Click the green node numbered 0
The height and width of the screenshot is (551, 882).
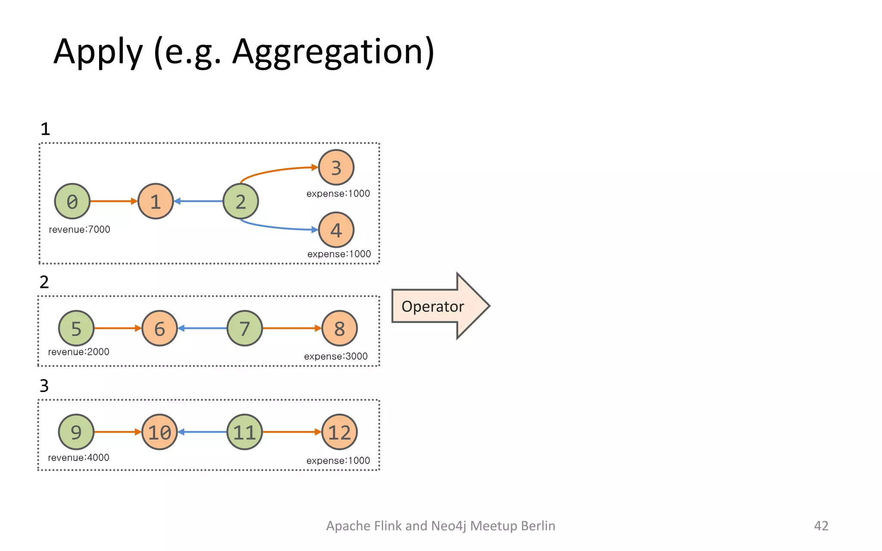72,201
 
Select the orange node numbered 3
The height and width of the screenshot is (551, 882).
336,167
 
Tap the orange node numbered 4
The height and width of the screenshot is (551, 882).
336,230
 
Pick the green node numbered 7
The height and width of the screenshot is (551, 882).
245,328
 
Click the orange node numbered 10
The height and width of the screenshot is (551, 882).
159,432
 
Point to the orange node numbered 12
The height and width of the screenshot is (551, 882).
339,432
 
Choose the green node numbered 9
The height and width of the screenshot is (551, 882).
76,432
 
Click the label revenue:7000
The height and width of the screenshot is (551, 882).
80,229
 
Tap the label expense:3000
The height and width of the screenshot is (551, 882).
336,356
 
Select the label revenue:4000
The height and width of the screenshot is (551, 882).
79,458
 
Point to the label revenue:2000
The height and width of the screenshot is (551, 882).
79,352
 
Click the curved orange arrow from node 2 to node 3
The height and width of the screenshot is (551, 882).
276,171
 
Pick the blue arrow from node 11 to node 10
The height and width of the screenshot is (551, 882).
202,432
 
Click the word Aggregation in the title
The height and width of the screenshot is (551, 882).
333,52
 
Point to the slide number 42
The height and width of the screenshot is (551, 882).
821,526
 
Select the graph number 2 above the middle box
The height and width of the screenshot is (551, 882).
44,282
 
